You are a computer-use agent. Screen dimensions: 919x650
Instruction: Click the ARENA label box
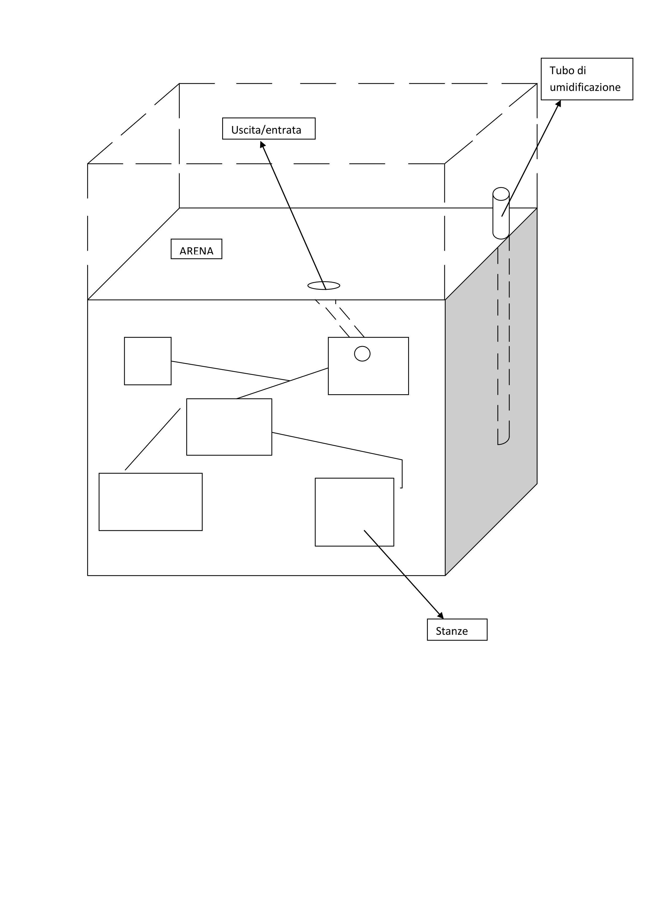(196, 249)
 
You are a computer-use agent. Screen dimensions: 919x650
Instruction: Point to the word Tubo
(562, 70)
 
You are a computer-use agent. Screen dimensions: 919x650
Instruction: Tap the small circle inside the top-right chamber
(362, 353)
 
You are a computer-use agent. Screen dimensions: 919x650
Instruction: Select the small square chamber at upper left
(148, 361)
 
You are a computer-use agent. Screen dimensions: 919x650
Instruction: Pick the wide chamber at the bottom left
(150, 502)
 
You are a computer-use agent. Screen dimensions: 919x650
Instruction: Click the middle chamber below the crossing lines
(229, 427)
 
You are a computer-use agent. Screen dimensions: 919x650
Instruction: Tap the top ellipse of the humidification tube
(501, 194)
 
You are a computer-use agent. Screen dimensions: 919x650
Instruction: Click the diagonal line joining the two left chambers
(152, 439)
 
